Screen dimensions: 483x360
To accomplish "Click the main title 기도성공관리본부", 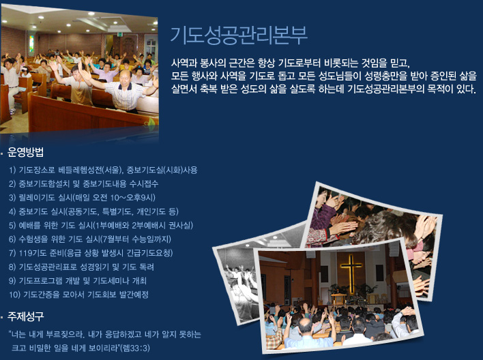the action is click(239, 35).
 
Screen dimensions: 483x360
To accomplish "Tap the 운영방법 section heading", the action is click(25, 152).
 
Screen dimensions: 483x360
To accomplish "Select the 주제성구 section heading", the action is click(25, 316).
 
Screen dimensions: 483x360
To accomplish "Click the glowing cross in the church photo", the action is click(351, 273).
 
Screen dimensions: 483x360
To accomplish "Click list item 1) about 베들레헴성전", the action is click(103, 170).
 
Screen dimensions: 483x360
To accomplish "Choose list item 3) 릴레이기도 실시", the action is click(82, 198).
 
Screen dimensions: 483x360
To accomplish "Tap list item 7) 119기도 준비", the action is click(91, 253).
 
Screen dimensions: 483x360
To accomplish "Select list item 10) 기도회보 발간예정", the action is click(79, 295).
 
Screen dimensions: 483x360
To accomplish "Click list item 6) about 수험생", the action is click(90, 239).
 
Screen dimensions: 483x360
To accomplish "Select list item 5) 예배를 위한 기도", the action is click(101, 225).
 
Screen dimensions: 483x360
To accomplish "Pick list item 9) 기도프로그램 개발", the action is click(78, 280).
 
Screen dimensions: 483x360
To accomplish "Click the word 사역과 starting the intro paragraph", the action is click(184, 63).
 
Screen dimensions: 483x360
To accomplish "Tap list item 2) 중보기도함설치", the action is click(83, 184).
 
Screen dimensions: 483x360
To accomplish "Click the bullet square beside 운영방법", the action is click(2, 153).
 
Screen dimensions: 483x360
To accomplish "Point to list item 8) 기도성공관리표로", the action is click(82, 267).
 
